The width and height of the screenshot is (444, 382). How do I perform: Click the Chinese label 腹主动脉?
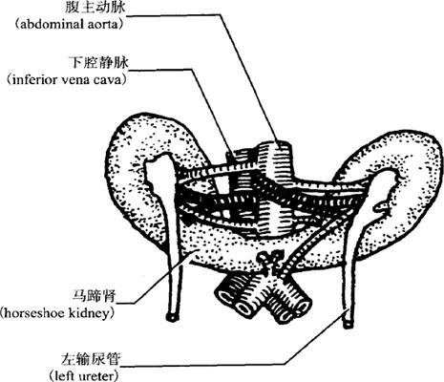(95, 7)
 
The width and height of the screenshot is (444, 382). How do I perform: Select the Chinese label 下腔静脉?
(98, 62)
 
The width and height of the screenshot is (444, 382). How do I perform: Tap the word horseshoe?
(32, 313)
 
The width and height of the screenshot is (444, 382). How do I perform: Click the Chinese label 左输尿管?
(90, 359)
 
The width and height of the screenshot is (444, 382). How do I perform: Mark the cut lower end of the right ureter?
(172, 317)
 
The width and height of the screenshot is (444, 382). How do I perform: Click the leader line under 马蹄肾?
(157, 276)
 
